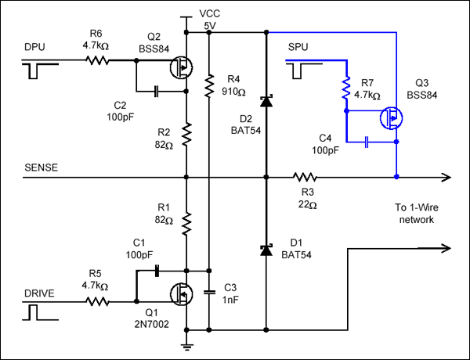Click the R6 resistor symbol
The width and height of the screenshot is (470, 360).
(x=99, y=61)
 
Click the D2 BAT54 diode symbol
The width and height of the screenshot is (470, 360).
(x=266, y=100)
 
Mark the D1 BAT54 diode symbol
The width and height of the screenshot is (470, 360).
(x=266, y=250)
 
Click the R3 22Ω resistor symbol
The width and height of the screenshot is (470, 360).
(x=302, y=177)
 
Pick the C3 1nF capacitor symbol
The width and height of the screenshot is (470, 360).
(x=210, y=291)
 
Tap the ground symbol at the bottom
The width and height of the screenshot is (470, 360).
(x=188, y=344)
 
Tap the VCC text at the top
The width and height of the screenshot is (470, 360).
(x=210, y=13)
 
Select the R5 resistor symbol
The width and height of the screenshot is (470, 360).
(x=99, y=301)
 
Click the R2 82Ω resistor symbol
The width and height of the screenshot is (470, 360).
(x=186, y=134)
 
